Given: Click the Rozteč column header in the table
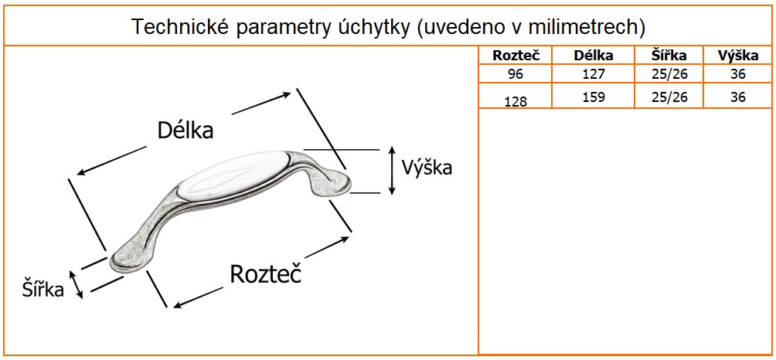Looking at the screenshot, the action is coord(516,56).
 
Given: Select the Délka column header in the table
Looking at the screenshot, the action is coord(594,56).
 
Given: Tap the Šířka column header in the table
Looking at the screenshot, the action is coord(669,56).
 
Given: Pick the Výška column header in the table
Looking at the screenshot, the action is coord(738,56).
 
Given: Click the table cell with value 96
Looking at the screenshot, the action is coord(516,74).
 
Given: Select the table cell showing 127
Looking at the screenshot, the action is coord(594,74).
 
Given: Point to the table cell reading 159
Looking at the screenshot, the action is coord(594,97).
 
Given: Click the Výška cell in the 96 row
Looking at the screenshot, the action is coord(738,74).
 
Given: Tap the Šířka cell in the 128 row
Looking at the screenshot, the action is coord(669,97).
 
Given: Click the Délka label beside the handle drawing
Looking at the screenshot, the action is coord(185,131).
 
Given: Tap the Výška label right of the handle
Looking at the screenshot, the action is coord(427,168).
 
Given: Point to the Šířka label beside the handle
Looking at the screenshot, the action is coord(43,289).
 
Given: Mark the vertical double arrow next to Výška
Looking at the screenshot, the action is coord(392,171).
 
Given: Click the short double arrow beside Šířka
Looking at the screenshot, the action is coord(76,284).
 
